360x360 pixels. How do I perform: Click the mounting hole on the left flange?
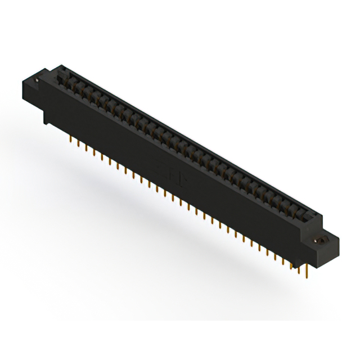[37, 80]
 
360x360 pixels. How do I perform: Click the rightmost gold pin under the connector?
[307, 273]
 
